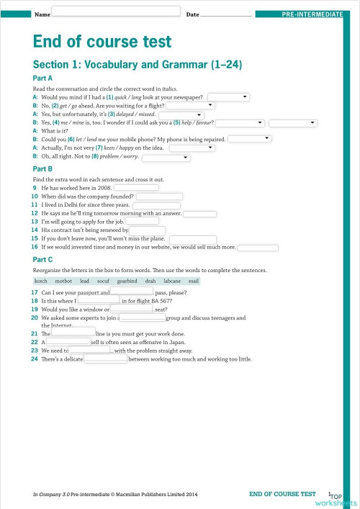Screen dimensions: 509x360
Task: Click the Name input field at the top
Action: point(116,11)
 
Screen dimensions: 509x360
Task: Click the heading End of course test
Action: point(102,42)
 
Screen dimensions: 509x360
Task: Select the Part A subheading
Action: point(43,77)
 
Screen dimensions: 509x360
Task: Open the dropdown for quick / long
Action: point(228,96)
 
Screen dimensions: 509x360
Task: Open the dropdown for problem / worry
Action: point(166,157)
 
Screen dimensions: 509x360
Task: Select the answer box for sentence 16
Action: point(258,247)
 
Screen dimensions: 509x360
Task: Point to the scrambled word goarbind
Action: point(127,281)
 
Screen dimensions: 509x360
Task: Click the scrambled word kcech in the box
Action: point(40,281)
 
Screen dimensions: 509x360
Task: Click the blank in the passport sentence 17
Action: point(131,292)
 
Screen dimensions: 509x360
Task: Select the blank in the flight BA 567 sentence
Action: point(98,301)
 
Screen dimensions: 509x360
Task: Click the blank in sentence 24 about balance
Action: point(106,359)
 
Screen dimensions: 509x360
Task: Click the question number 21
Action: point(35,334)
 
